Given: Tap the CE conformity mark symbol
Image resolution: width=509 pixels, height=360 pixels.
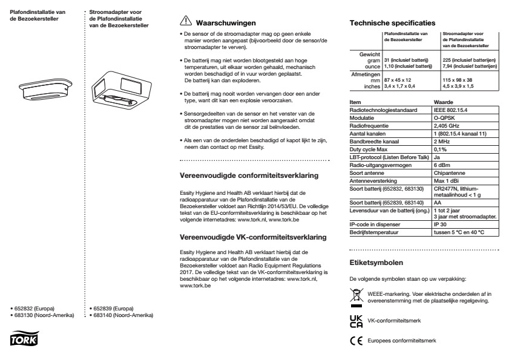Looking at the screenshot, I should point(355,341).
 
